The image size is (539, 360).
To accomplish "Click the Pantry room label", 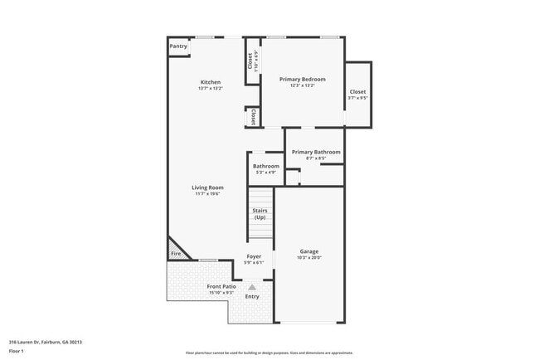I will tap(178, 46).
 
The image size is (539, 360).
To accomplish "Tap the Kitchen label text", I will tap(210, 82).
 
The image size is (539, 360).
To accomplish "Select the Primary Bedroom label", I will tap(302, 80).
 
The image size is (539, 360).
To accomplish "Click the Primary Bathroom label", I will tap(316, 152).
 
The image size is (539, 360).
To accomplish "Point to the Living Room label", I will tap(207, 187).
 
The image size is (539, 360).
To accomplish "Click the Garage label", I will tap(308, 251).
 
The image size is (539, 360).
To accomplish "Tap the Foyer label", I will tap(255, 257).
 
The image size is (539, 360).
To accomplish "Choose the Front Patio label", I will tap(221, 287).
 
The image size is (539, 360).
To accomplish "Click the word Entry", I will tap(252, 296).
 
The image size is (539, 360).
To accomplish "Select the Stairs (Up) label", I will tap(260, 214).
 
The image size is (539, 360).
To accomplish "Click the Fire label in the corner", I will tap(176, 253).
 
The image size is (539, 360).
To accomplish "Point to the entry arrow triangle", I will tap(252, 286).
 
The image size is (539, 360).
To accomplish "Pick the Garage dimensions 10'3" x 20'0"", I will tap(308, 258).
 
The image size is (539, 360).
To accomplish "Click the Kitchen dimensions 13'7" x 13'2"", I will tap(210, 89).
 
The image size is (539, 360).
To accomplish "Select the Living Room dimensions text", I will tap(207, 194).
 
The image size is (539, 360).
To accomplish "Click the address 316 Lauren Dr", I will tap(46, 342).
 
